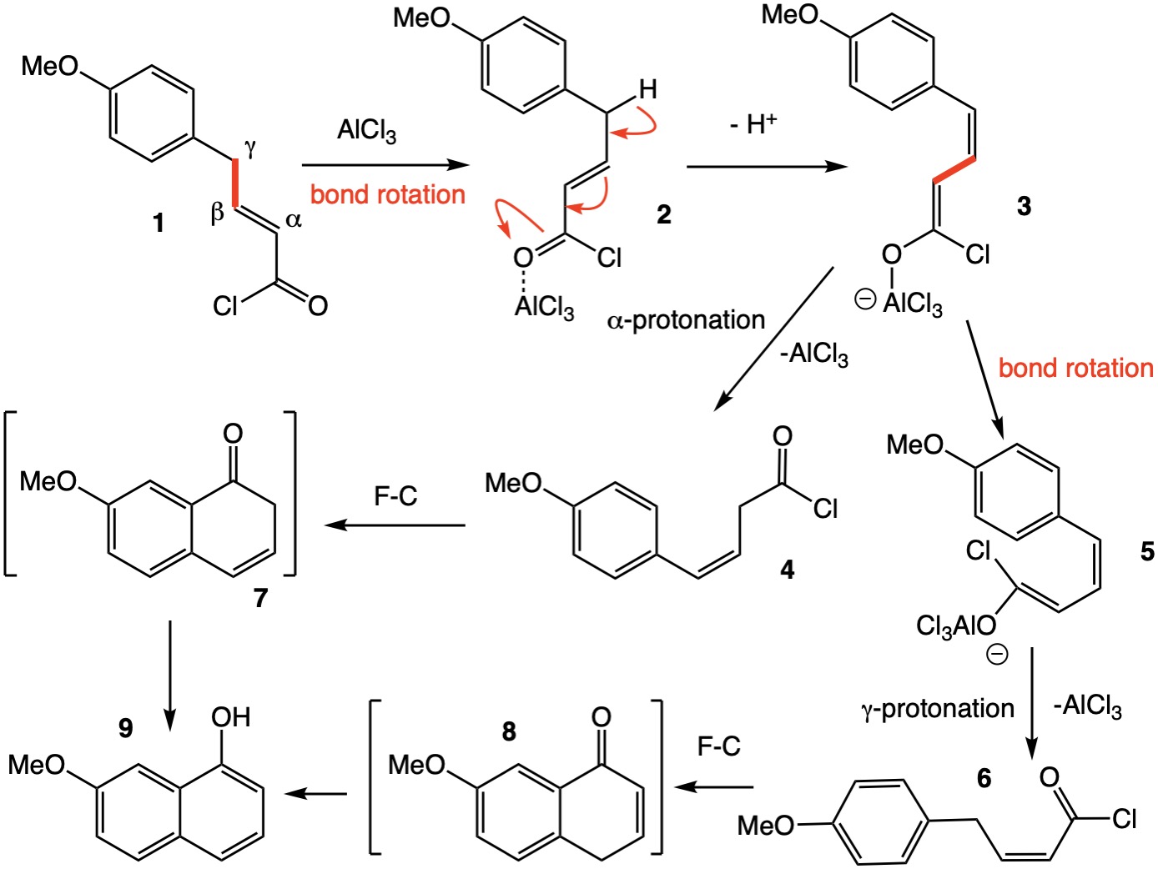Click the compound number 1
[159, 223]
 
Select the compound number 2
[663, 214]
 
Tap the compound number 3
[1024, 205]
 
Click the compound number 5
[1147, 551]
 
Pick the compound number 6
[984, 778]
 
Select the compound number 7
[260, 597]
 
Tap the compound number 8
[509, 731]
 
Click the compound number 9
[125, 727]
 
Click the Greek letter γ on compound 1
[250, 148]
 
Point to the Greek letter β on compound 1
[217, 213]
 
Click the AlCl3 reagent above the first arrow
[366, 131]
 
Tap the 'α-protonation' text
[686, 320]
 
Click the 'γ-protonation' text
[937, 709]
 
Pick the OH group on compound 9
[230, 717]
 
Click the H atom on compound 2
[647, 89]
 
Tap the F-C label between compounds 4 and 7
[395, 496]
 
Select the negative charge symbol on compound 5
[997, 655]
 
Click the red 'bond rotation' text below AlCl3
[388, 194]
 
